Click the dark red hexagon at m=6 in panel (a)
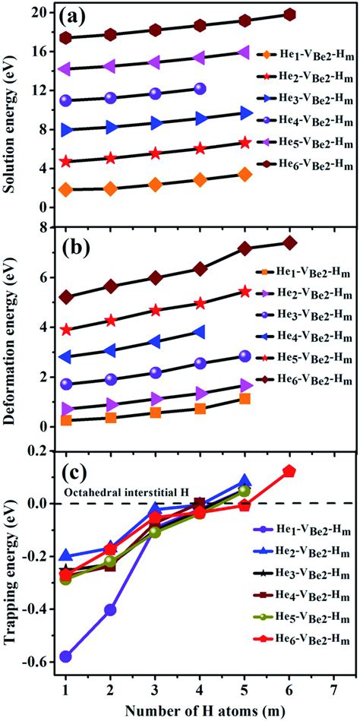pyautogui.click(x=289, y=14)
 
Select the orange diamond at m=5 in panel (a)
pyautogui.click(x=245, y=174)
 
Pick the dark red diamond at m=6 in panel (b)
pyautogui.click(x=289, y=242)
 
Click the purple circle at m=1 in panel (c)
pyautogui.click(x=66, y=656)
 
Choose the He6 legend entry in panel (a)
pyautogui.click(x=303, y=163)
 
